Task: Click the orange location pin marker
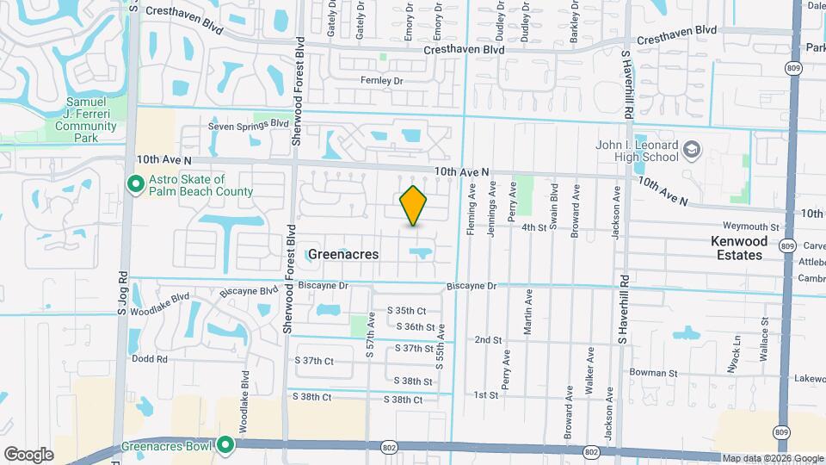point(414,206)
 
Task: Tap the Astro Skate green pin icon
point(134,183)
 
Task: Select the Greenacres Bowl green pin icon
point(225,444)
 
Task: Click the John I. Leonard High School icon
point(693,152)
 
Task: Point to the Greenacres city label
point(343,254)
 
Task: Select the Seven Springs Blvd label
point(249,124)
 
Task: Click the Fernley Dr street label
point(382,80)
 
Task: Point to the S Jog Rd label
point(122,293)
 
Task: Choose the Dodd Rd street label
point(150,358)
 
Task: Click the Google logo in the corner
point(28,455)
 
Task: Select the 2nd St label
point(488,340)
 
